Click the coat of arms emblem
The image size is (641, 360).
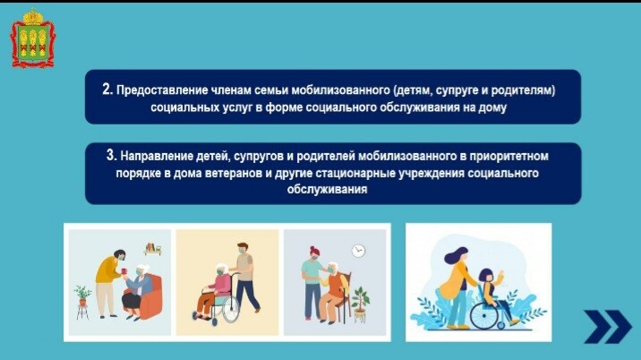tap(32, 38)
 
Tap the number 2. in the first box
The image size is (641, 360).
tap(107, 90)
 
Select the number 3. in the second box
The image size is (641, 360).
tap(112, 155)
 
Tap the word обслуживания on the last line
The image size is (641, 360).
tap(327, 190)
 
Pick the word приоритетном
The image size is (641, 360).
tap(509, 157)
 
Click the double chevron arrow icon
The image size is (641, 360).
tap(608, 327)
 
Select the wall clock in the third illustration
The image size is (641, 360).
tap(358, 251)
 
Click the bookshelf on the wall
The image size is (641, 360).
tap(153, 249)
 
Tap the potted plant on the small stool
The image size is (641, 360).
tap(82, 296)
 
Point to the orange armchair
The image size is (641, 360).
tap(150, 296)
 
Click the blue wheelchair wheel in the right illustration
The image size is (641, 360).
tap(484, 316)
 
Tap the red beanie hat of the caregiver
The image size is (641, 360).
tap(314, 250)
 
